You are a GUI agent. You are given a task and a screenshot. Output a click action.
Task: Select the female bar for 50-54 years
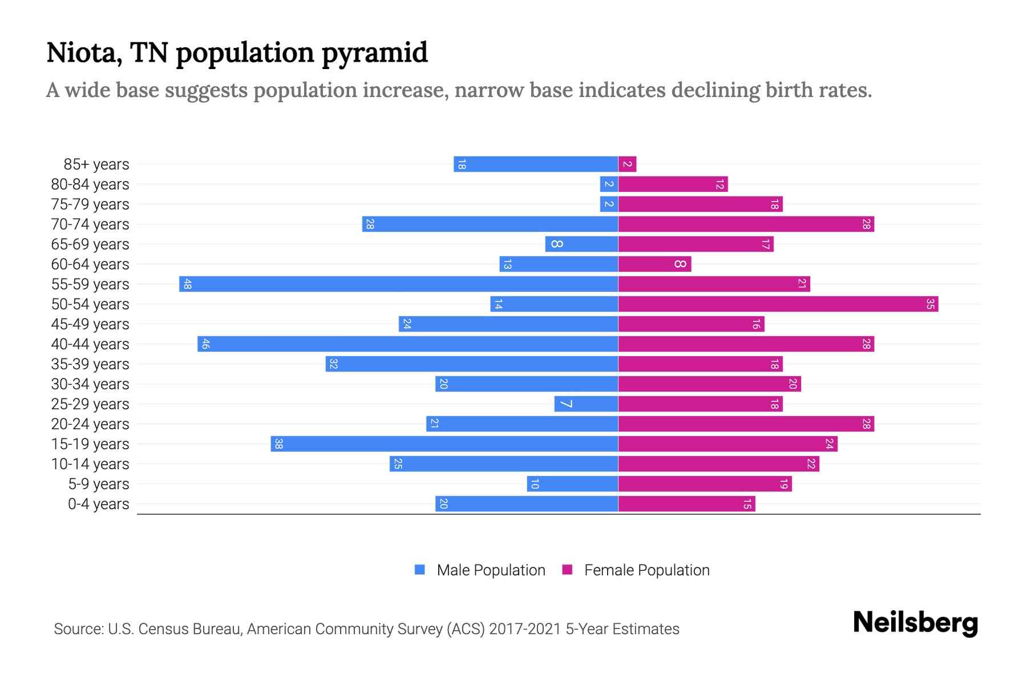point(778,304)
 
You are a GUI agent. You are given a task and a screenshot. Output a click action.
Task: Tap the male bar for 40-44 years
point(407,344)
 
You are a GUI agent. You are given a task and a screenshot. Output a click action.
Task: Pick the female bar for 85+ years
point(627,164)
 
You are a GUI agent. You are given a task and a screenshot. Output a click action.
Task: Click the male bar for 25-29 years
point(586,404)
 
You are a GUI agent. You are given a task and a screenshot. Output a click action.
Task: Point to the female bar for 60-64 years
point(654,264)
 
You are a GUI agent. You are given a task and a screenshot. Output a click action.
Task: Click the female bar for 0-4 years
point(686,503)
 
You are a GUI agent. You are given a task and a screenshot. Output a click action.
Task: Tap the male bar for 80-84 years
point(609,184)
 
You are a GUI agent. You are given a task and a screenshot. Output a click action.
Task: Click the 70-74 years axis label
point(90,224)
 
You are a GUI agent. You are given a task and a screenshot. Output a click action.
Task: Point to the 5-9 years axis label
point(98,484)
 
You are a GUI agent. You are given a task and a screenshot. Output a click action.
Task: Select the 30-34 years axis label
point(90,384)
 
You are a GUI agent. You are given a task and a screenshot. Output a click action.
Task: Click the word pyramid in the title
point(374,53)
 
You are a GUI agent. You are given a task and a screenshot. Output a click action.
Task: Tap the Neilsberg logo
point(915,623)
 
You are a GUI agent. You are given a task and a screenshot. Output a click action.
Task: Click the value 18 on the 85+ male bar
point(462,164)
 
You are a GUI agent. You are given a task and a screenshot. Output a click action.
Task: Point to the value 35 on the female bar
point(930,304)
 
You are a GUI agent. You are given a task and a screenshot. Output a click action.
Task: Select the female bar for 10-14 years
point(718,464)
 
